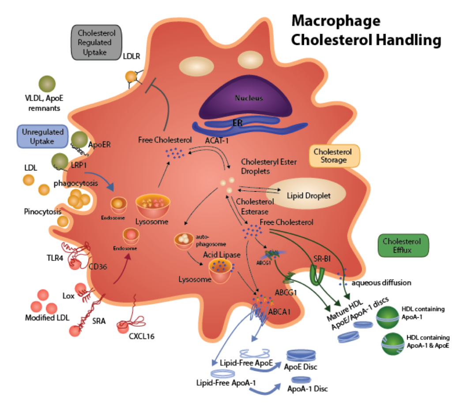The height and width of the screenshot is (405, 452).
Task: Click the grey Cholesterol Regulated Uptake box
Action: (96, 43)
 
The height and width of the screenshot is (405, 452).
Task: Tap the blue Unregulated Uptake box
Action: (43, 136)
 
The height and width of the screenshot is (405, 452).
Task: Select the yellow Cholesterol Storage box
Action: (335, 156)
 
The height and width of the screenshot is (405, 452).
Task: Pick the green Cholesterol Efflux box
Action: (403, 245)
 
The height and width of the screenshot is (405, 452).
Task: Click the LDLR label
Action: (132, 56)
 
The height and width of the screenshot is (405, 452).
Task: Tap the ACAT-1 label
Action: (216, 141)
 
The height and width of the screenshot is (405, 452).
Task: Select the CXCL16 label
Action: (142, 336)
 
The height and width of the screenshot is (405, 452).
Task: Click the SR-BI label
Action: (322, 259)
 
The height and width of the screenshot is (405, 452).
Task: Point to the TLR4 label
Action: (55, 258)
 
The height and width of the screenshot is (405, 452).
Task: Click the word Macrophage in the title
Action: (336, 21)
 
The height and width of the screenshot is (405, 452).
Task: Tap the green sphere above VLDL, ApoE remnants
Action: (47, 84)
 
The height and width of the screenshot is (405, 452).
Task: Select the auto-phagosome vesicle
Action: (184, 241)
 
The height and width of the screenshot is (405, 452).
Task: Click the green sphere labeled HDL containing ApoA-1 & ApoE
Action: (392, 344)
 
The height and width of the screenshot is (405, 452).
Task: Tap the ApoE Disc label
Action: (300, 367)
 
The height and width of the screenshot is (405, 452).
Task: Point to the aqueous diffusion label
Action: (381, 283)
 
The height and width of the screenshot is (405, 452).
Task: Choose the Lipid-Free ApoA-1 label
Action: (226, 383)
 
